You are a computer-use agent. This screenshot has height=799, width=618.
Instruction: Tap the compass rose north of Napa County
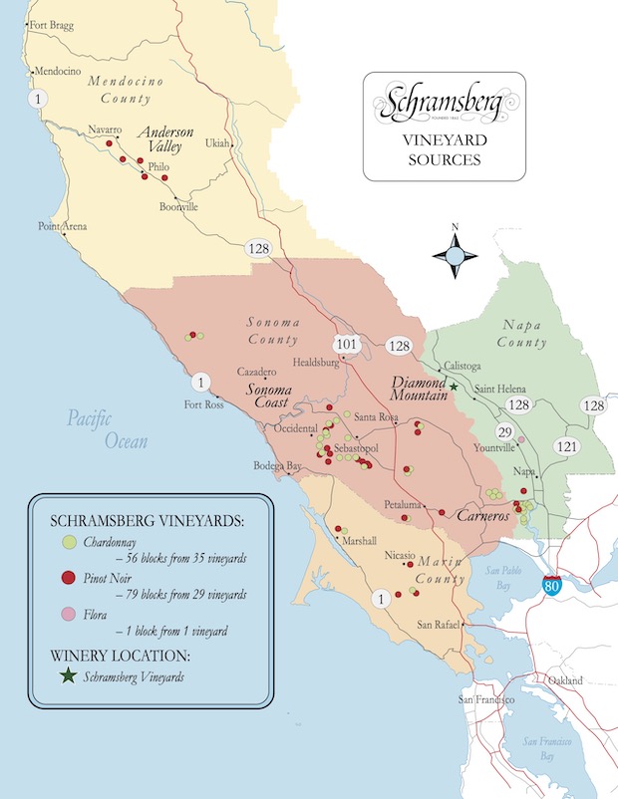point(455,257)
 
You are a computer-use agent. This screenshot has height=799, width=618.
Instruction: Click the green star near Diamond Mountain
point(454,386)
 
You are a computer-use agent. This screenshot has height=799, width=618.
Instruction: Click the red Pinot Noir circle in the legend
point(68,578)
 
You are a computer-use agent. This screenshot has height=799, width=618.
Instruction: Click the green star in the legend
point(68,676)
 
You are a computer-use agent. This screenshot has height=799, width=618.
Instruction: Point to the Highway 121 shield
point(567,445)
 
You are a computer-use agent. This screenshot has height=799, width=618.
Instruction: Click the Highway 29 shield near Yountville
point(504,430)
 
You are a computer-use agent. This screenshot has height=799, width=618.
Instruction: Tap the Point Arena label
point(62,226)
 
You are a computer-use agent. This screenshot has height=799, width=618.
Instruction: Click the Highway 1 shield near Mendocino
point(39,98)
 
